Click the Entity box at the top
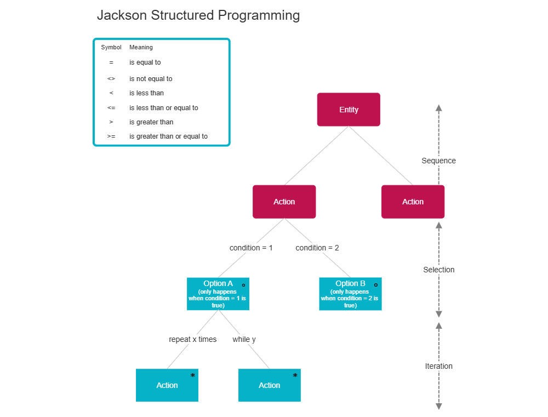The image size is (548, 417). click(349, 110)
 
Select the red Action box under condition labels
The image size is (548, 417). click(284, 202)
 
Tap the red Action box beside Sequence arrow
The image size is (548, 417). click(413, 202)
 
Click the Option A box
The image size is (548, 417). click(218, 294)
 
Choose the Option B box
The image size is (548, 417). click(350, 294)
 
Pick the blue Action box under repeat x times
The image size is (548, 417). click(167, 385)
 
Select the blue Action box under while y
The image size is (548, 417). click(269, 385)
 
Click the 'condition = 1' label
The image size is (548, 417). click(251, 248)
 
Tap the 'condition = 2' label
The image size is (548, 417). click(317, 248)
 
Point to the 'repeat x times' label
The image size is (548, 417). click(193, 339)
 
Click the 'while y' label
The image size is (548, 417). click(244, 339)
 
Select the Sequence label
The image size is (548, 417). click(438, 161)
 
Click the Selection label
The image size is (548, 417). click(438, 270)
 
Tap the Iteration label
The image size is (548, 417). click(438, 366)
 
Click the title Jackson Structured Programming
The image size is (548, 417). click(198, 15)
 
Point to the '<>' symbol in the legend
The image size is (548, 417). click(111, 79)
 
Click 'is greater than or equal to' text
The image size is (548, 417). click(168, 136)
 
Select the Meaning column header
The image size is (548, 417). click(141, 48)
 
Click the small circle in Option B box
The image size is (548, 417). click(375, 285)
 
